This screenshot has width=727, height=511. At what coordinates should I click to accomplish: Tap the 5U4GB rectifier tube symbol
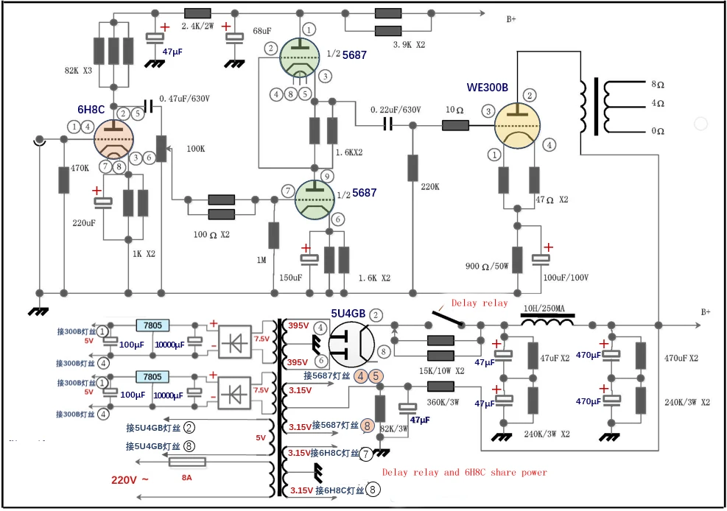click(348, 344)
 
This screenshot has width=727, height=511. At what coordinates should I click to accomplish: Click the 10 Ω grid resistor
click(455, 126)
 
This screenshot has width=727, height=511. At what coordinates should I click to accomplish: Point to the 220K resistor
click(413, 169)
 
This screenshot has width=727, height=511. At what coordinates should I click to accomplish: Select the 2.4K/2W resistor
click(197, 13)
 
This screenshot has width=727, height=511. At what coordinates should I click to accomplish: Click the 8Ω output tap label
click(658, 84)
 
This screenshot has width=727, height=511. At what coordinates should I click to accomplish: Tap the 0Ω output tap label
click(658, 131)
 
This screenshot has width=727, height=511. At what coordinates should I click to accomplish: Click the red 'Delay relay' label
click(479, 303)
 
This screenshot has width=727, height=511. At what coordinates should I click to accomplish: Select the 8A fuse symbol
click(187, 463)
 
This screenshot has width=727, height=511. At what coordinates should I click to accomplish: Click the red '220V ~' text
click(130, 479)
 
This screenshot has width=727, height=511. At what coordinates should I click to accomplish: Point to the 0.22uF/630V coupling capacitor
click(388, 126)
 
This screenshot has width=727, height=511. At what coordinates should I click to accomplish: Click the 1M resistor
click(274, 236)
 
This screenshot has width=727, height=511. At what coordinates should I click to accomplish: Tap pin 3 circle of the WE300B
click(488, 112)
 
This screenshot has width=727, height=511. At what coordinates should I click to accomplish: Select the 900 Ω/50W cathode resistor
click(517, 260)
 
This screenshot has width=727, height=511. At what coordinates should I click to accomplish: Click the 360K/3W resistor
click(440, 385)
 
